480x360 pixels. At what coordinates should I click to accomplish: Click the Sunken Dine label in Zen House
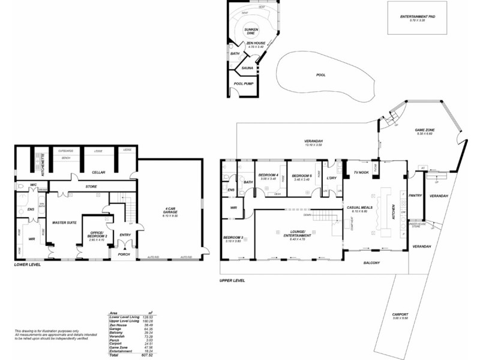(x=250, y=32)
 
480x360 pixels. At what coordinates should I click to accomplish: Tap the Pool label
(x=320, y=75)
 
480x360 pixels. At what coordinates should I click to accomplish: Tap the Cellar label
(x=99, y=172)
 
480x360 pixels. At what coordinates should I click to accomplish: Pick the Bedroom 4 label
(x=268, y=175)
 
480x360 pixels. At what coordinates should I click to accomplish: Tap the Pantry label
(x=415, y=195)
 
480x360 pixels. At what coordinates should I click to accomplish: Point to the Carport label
(x=400, y=314)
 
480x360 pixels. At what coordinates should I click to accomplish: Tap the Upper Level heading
(x=232, y=280)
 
